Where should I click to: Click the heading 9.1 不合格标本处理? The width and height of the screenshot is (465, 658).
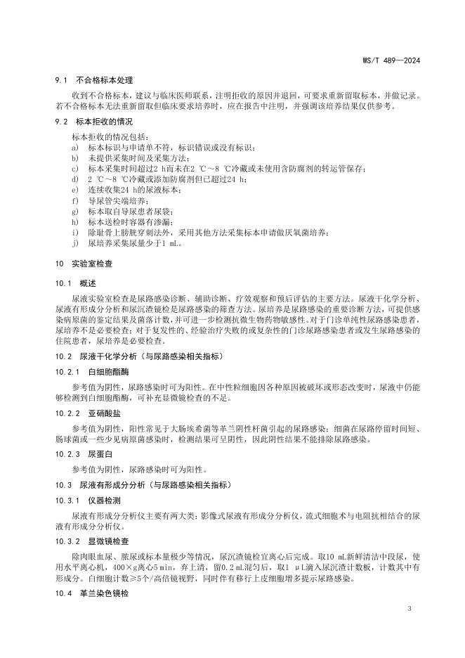pyautogui.click(x=94, y=81)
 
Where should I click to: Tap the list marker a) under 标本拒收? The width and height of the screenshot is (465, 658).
pyautogui.click(x=75, y=148)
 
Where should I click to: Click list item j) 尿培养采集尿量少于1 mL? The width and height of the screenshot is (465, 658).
pyautogui.click(x=130, y=243)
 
